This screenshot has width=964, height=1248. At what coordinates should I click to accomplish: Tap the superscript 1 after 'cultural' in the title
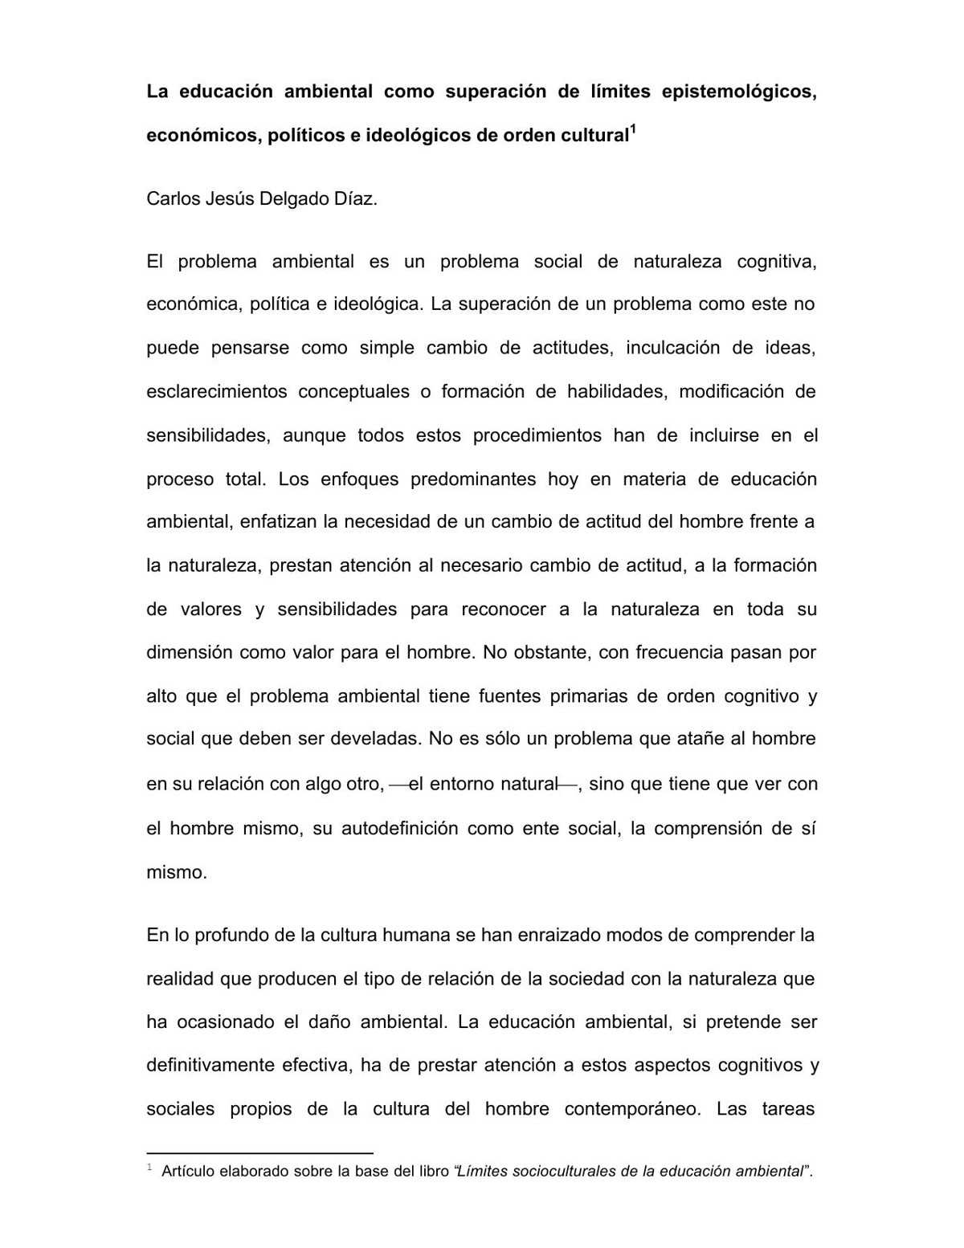tap(633, 129)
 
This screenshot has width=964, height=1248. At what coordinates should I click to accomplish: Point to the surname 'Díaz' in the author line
tap(355, 199)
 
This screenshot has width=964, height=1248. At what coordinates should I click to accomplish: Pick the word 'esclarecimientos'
tap(216, 392)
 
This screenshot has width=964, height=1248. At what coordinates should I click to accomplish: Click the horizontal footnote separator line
tap(259, 1152)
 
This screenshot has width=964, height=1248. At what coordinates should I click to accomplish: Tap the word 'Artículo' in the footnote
tap(190, 1172)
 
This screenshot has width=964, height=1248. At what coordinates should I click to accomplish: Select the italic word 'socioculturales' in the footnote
tap(564, 1172)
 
